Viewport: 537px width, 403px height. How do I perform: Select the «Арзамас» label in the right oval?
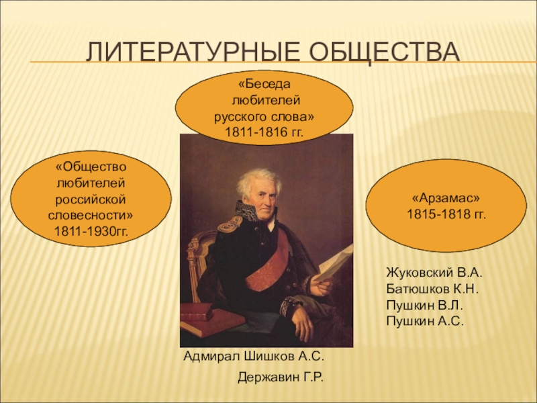pos(446,198)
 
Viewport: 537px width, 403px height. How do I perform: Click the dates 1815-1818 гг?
pos(446,214)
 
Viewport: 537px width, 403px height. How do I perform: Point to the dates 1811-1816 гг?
pos(264,132)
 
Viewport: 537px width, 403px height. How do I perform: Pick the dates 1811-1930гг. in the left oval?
pos(91,232)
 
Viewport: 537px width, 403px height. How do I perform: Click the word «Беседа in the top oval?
pos(264,85)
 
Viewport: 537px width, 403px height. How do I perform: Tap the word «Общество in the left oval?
pos(91,167)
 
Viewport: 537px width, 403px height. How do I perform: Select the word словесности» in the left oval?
pos(91,216)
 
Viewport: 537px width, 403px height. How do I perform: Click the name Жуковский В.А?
pos(434,273)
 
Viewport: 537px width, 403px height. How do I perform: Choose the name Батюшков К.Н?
pos(432,289)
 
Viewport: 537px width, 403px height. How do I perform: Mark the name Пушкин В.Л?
pos(425,305)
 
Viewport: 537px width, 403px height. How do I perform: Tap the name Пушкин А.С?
pos(425,321)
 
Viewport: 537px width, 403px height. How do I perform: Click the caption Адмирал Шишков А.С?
pos(254,357)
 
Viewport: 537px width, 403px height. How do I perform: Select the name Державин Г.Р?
pos(281,377)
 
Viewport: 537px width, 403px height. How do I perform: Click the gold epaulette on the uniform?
pos(230,224)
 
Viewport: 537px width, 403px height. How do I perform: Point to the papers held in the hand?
pos(334,263)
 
